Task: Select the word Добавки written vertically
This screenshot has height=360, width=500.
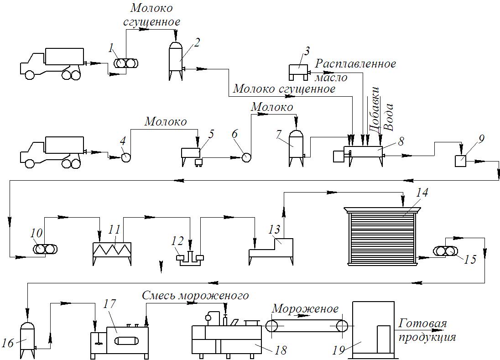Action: (374, 109)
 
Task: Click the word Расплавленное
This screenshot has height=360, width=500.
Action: (355, 63)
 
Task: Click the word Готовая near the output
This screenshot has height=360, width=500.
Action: (422, 323)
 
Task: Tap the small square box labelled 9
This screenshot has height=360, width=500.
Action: (460, 161)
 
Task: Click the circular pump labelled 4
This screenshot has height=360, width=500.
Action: (126, 157)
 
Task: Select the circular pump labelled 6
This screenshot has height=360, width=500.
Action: (246, 157)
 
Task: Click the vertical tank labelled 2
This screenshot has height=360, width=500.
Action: (176, 61)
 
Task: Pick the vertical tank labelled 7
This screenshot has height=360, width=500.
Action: (296, 148)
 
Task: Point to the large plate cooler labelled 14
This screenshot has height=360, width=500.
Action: (382, 236)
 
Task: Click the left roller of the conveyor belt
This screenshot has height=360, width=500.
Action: (272, 326)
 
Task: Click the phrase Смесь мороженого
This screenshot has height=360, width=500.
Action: (195, 296)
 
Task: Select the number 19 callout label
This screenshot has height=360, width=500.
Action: (339, 350)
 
